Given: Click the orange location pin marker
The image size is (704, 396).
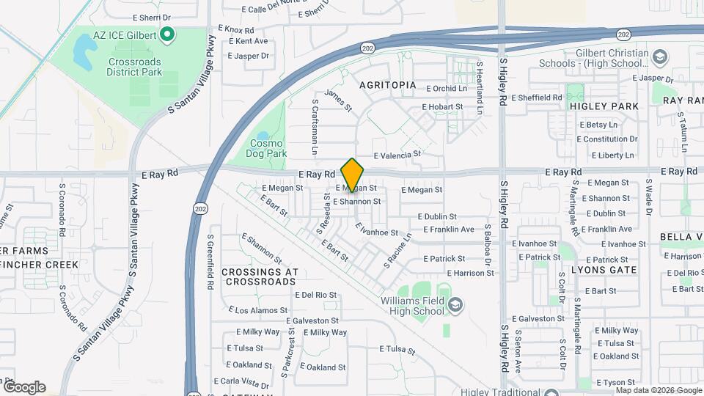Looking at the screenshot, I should (x=352, y=175).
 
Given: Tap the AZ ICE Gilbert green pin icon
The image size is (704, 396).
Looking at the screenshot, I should (x=167, y=34).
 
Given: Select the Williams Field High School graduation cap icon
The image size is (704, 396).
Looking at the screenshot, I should (x=455, y=304).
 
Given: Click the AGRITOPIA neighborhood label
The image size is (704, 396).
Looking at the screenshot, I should (x=388, y=85).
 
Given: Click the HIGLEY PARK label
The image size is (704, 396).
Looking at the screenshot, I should (x=604, y=106).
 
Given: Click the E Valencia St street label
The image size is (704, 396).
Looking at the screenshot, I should (x=397, y=155).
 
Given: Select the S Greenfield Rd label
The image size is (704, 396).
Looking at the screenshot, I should (x=210, y=261).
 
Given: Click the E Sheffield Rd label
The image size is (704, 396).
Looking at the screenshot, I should (x=537, y=98).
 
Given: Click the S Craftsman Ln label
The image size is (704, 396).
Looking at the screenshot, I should (x=314, y=127).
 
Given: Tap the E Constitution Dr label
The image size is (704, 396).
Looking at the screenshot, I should (x=610, y=139).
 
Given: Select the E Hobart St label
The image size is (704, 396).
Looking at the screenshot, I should (x=442, y=107).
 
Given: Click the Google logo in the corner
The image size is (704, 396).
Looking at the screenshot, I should (x=23, y=387).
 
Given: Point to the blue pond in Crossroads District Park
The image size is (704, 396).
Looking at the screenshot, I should (x=84, y=50).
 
